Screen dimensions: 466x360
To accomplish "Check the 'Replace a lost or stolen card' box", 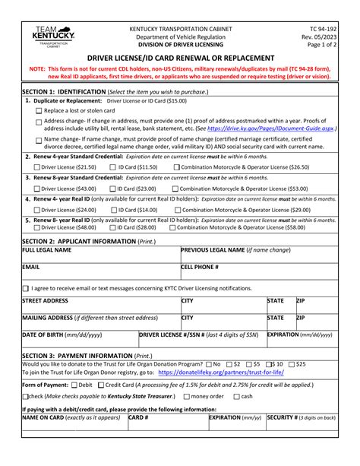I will coord(39,111).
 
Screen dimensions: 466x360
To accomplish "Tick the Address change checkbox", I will coord(39,122).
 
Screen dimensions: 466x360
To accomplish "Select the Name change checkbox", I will coord(39,141).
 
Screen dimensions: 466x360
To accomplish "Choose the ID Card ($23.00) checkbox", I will coord(113,189).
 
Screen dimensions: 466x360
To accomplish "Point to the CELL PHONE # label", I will coord(200,268).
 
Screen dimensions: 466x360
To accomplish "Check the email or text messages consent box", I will coord(26,289).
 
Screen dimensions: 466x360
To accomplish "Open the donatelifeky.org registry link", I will coord(221,372).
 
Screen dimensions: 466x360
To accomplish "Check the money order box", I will coord(185,397).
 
